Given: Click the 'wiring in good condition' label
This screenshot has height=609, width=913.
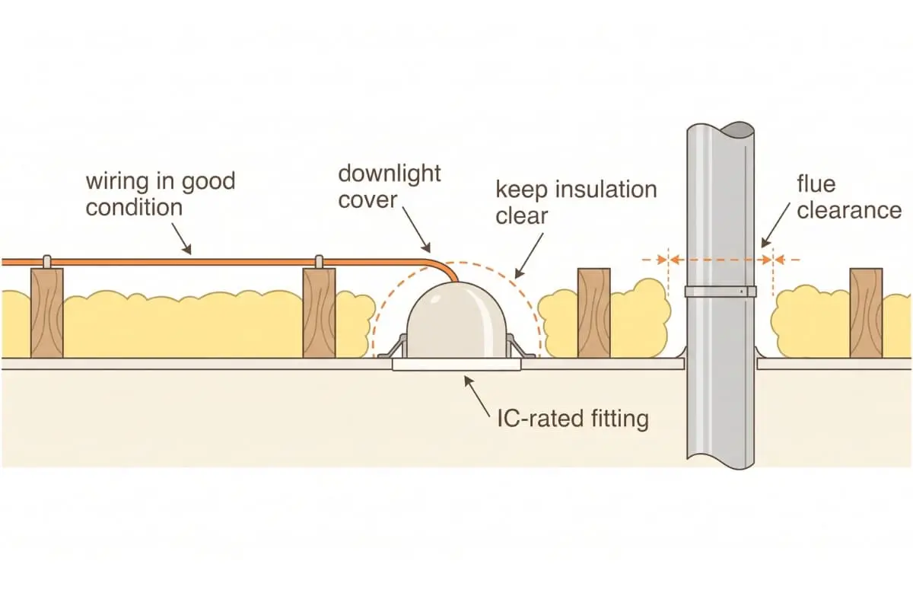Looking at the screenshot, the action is tap(161, 194).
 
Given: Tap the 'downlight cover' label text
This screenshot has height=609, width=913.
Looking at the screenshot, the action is tap(390, 187).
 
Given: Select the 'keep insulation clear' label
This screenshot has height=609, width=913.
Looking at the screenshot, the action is tap(576, 202).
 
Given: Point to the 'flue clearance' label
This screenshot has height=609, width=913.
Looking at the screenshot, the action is tap(849, 197).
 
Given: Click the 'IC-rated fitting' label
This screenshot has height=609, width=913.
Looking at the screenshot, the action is tap(573, 419).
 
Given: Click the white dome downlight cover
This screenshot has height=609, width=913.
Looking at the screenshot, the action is tap(456, 320).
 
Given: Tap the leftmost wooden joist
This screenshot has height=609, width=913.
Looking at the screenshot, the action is tap(47, 313).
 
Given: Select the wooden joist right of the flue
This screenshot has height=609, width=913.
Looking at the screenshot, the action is tap(866, 313).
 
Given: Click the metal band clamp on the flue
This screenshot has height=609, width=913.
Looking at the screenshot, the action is tap(721, 292).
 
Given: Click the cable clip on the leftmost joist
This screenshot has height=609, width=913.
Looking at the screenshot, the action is tap(47, 261).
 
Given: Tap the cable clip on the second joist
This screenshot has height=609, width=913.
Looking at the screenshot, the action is tap(319, 261).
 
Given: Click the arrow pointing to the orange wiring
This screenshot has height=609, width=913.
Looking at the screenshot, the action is tap(181, 238).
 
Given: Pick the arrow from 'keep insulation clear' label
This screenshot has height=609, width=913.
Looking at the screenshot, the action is tap(529, 256).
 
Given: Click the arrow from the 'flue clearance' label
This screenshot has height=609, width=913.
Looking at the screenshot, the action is tap(775, 225).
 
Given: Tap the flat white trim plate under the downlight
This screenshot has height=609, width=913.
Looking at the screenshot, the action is tap(456, 365).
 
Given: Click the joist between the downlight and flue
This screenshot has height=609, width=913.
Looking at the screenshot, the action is tap(594, 313).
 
